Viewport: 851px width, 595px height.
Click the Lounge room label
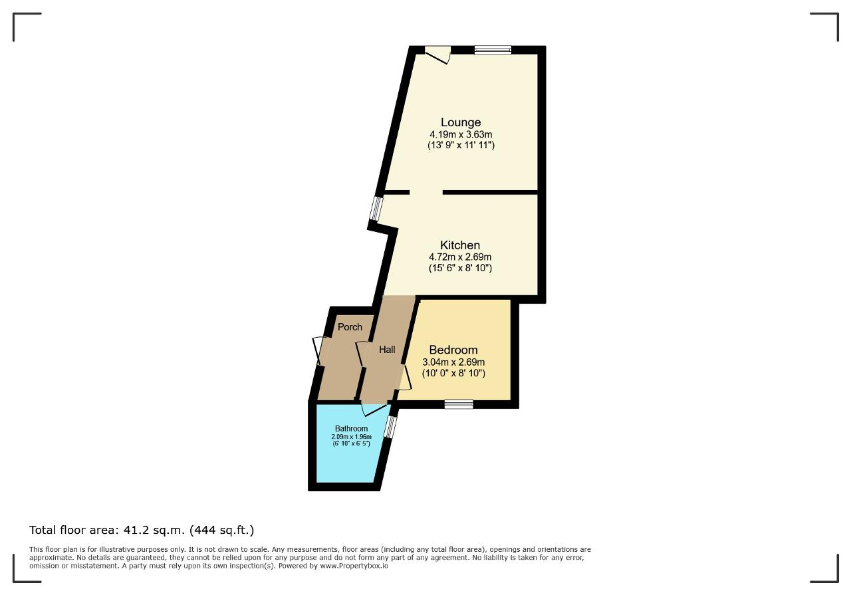pos(461,122)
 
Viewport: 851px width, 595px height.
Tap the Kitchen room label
pos(459,245)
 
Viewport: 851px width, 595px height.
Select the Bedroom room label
pos(453,350)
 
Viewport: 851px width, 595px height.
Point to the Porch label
pos(350,327)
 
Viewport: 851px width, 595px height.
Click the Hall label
pos(387,350)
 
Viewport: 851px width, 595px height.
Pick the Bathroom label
pos(352,429)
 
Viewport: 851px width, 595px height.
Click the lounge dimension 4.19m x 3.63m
pos(461,134)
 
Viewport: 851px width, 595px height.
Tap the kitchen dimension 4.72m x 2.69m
pos(460,257)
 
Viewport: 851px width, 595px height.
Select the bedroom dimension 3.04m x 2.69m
pos(453,362)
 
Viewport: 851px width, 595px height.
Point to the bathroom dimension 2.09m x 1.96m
pos(352,437)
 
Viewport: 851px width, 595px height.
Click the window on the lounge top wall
pos(493,50)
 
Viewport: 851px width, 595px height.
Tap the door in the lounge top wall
pos(437,55)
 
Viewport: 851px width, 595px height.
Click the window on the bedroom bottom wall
pos(459,404)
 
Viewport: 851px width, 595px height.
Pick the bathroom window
pos(390,427)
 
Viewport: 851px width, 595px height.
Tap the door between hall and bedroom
pos(404,378)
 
